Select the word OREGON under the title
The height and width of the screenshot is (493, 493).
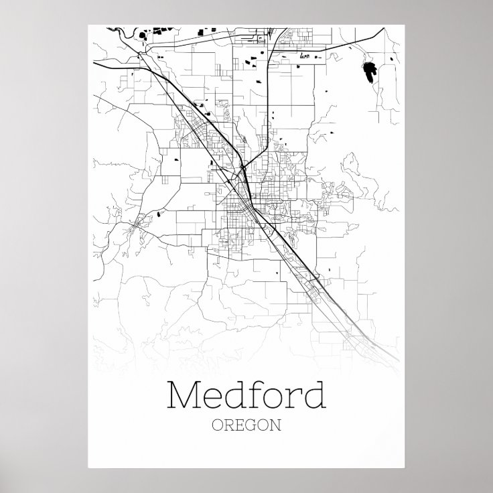(x=246, y=424)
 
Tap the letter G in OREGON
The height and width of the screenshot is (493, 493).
(x=252, y=424)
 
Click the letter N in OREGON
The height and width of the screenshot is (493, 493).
(x=275, y=424)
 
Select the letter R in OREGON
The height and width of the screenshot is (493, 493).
(x=228, y=424)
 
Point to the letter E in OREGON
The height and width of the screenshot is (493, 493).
(x=240, y=424)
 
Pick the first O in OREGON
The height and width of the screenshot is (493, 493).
(x=216, y=424)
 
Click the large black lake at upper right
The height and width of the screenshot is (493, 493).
(x=369, y=70)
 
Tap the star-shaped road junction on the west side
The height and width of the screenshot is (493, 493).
(x=137, y=226)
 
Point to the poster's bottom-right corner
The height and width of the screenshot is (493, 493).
(x=404, y=468)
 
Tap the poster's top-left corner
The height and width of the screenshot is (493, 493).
(x=88, y=25)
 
